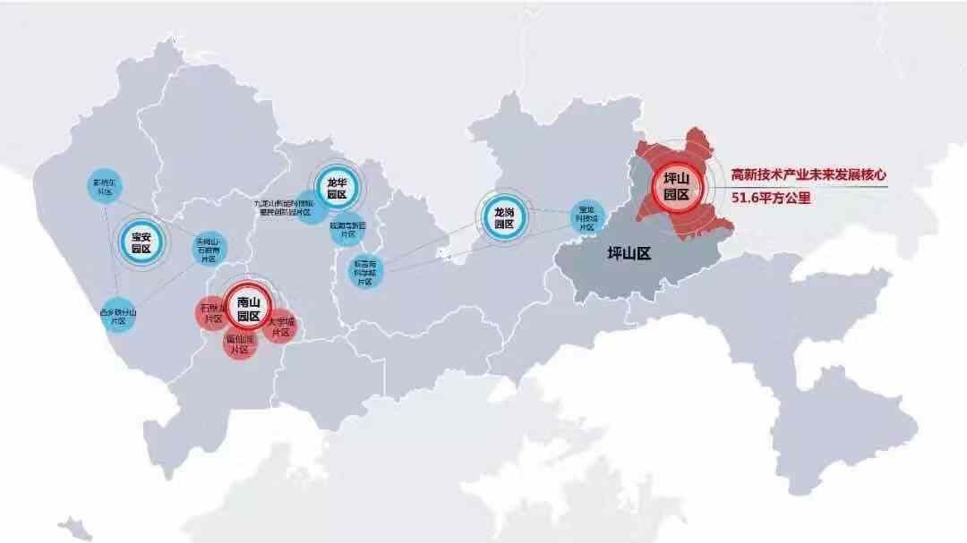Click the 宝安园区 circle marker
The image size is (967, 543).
click(x=141, y=242)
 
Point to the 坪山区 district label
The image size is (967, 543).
click(x=628, y=254)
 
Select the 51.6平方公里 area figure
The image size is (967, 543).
click(x=771, y=199)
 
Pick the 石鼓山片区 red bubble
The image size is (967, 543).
click(x=212, y=313)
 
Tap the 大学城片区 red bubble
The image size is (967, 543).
click(x=279, y=327)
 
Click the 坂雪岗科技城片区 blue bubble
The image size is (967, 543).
click(x=364, y=271)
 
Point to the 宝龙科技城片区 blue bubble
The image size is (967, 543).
click(x=586, y=219)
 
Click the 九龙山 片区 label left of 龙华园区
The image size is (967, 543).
click(x=286, y=208)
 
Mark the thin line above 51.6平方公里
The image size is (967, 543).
click(x=806, y=186)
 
